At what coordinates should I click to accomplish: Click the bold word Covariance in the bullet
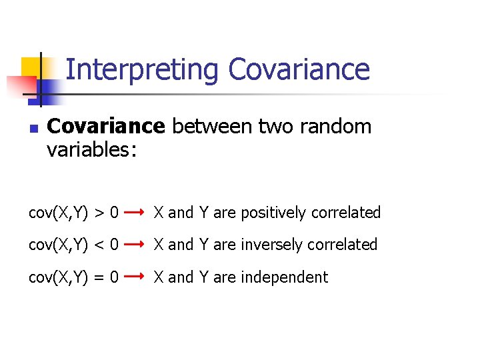coord(106,126)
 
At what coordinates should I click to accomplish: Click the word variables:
coord(91,150)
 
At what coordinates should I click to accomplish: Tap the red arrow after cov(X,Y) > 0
coord(135,213)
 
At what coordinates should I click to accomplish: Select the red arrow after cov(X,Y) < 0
coord(135,245)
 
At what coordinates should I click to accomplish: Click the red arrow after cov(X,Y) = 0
coord(135,277)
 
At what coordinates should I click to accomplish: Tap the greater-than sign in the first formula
coord(99,213)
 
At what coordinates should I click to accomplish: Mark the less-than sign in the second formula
coord(99,245)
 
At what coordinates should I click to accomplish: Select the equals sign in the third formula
coord(99,277)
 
